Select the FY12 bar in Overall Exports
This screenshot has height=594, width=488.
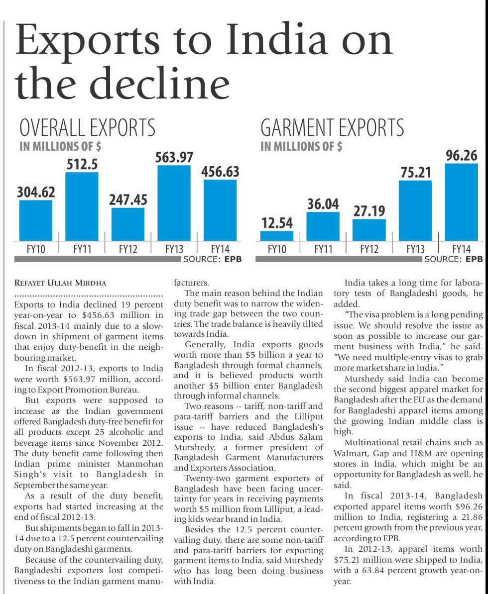tap(127, 224)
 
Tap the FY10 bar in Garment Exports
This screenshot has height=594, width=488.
tap(277, 236)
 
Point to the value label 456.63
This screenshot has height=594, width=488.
tap(220, 172)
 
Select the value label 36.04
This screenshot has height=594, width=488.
tap(323, 204)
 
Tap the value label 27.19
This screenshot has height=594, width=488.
tap(369, 211)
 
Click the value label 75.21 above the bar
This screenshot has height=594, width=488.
tap(416, 173)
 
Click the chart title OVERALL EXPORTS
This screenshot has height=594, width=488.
tap(87, 128)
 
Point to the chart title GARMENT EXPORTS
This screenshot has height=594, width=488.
tap(332, 128)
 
